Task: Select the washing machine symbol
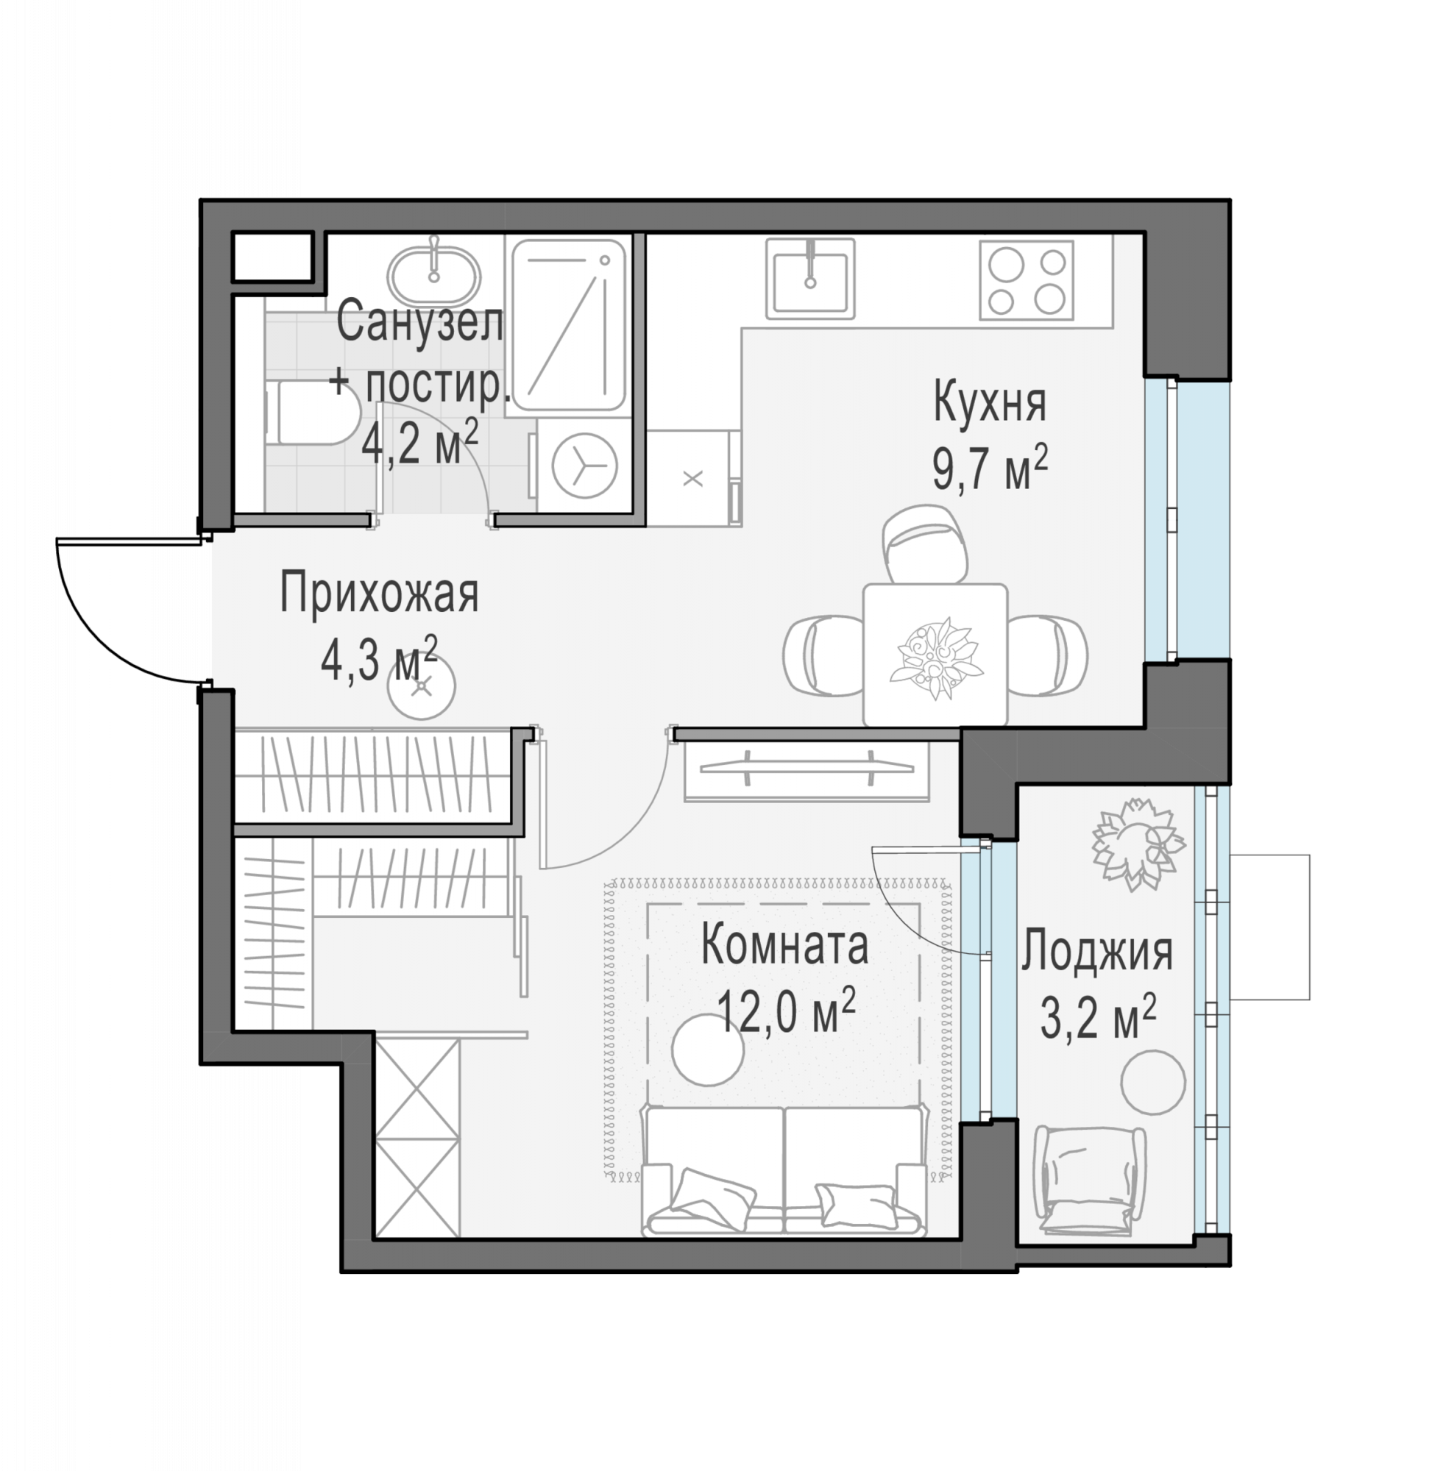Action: (584, 466)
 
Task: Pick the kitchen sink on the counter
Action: (810, 277)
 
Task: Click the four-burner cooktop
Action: (1026, 279)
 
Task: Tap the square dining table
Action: (935, 654)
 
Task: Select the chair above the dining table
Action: (924, 544)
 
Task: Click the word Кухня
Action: (990, 404)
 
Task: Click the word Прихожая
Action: (379, 594)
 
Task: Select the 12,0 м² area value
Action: (787, 1011)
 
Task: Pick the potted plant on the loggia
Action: (1138, 845)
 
